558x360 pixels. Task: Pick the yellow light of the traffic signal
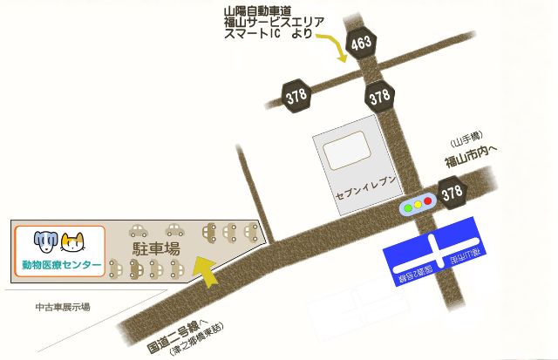[418, 206]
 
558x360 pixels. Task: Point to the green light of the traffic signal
[407, 206]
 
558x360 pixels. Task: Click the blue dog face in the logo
[44, 240]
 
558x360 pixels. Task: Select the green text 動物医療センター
[61, 265]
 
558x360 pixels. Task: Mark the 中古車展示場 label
[62, 307]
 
